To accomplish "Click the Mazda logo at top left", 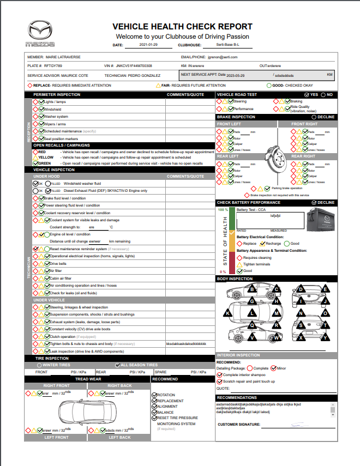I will pos(40,34).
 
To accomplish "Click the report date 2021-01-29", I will pos(149,45).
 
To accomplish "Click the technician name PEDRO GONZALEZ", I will pos(143,75).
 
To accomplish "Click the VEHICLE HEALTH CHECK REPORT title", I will pos(182,27).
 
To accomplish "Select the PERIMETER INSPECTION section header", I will pos(57,95).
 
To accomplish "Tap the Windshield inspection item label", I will pos(52,109).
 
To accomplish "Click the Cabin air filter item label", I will pos(61,278).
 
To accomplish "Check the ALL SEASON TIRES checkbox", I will pos(117,365).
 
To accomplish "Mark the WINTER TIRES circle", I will pos(39,365).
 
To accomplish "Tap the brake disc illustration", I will pos(272,158).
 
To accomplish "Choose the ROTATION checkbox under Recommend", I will pos(154,395).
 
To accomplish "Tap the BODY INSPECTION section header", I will pos(235,279).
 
